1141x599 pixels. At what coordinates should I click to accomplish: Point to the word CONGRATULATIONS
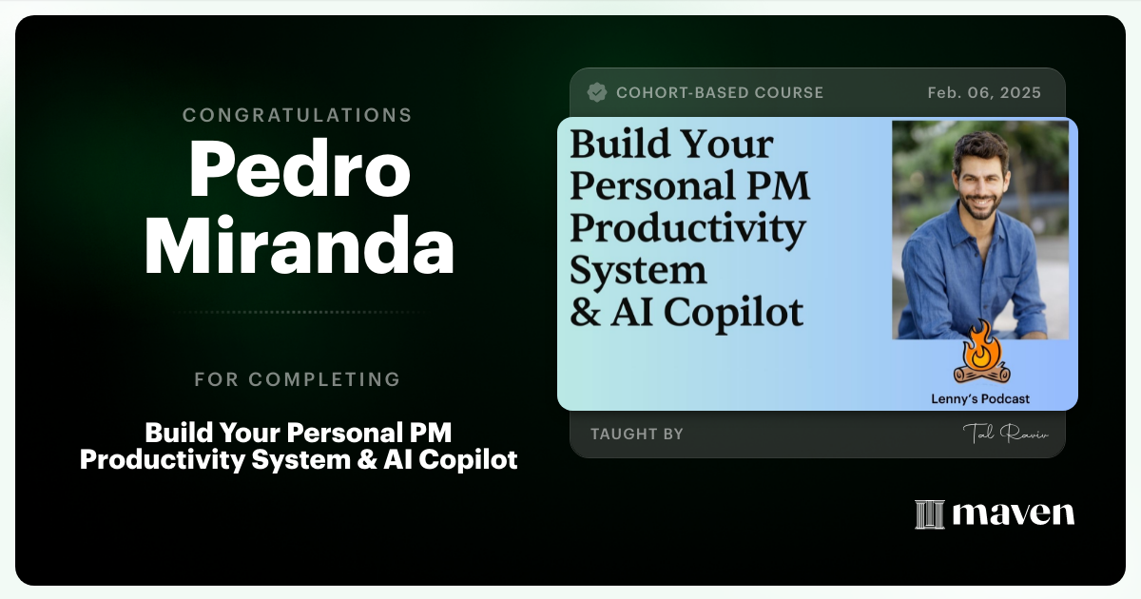[x=298, y=115]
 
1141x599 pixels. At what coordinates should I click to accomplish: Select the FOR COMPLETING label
[x=298, y=379]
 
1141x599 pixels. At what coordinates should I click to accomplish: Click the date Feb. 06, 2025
[x=984, y=92]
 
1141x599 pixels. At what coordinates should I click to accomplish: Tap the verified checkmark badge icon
[x=597, y=92]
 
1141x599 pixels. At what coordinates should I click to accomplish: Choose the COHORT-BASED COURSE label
[x=720, y=92]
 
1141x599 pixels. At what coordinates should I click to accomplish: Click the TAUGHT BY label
[x=637, y=434]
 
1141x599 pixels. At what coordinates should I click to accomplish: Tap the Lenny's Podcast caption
[x=979, y=399]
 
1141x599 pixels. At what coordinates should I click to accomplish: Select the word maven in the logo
[x=1013, y=513]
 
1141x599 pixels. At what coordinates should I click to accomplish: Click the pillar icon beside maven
[x=928, y=514]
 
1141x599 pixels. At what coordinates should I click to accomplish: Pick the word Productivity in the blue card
[x=687, y=229]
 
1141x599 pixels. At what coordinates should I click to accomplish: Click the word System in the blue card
[x=638, y=271]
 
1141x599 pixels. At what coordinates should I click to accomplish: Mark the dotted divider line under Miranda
[x=298, y=312]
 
